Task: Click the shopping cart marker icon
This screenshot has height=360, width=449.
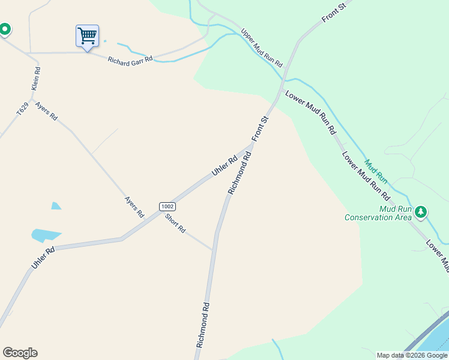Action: [87, 36]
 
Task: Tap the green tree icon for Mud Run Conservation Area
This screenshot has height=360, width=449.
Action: [421, 211]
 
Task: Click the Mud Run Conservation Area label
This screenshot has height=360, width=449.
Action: [378, 214]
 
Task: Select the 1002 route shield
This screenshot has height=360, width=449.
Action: [167, 206]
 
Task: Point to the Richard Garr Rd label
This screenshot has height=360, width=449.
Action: [130, 59]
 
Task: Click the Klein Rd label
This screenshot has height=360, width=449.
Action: [37, 79]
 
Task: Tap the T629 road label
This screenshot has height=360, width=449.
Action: [22, 109]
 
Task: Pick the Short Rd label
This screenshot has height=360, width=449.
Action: [175, 223]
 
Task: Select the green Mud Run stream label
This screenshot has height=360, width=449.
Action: [376, 171]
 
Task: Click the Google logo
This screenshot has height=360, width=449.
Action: [20, 353]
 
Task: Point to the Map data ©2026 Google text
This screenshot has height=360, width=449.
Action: [412, 355]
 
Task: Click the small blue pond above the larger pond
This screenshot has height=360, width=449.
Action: [56, 206]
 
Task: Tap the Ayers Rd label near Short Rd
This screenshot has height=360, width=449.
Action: [134, 207]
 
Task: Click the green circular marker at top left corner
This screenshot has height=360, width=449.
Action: [5, 28]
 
